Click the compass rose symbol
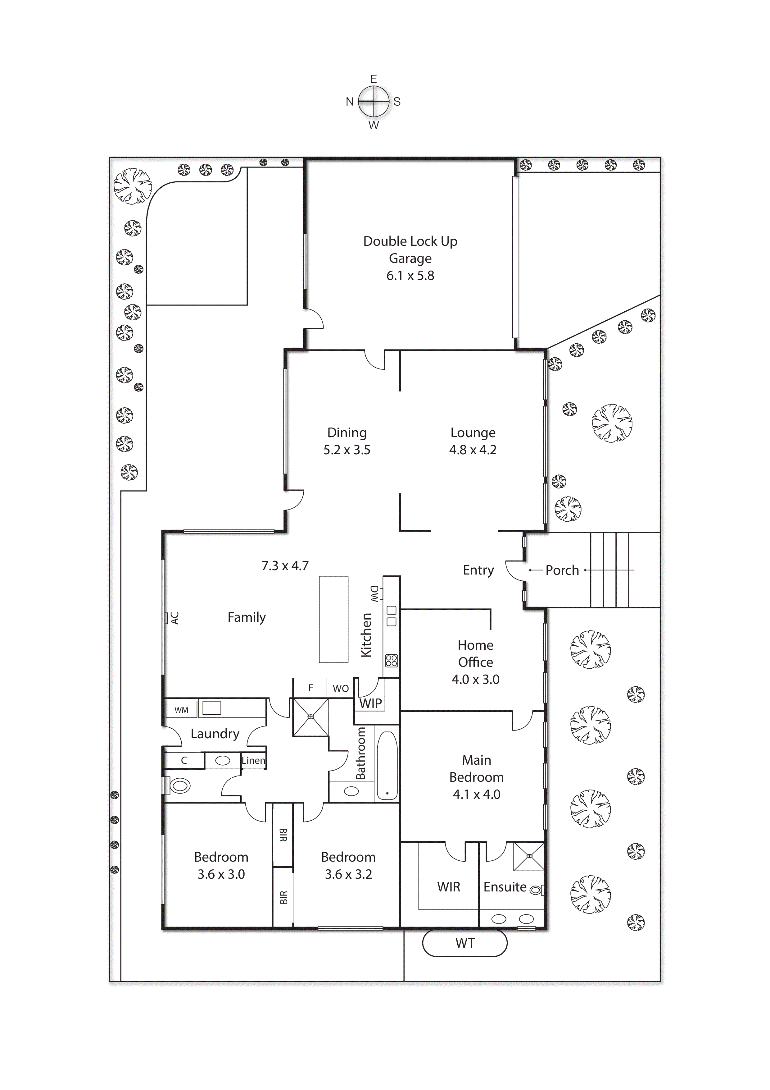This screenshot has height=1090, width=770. (374, 102)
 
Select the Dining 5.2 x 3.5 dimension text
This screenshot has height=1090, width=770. (347, 450)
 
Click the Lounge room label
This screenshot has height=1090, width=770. (473, 433)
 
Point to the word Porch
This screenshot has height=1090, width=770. (562, 570)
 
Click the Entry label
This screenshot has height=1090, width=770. (478, 570)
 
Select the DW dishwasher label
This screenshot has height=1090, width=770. (374, 594)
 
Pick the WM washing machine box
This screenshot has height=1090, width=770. (181, 710)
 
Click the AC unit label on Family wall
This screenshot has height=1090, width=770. (174, 618)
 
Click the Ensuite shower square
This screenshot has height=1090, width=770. (529, 856)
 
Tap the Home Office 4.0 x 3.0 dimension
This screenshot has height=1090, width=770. (475, 679)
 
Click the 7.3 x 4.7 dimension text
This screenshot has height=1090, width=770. (285, 566)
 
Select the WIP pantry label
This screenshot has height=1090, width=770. (370, 703)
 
